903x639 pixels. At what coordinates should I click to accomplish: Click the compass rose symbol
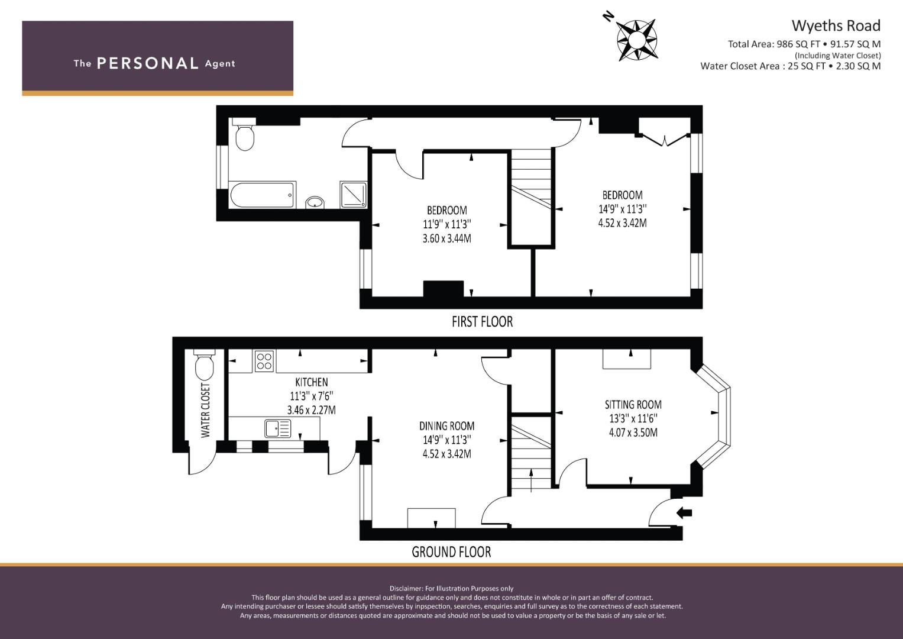click(x=636, y=40)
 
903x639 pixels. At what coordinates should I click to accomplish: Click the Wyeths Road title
click(x=836, y=26)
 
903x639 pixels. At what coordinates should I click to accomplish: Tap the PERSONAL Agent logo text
click(x=154, y=63)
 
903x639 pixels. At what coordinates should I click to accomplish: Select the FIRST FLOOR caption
click(x=482, y=322)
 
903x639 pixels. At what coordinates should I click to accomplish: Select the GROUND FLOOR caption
click(x=451, y=552)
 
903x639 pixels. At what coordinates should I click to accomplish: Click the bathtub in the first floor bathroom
click(x=261, y=195)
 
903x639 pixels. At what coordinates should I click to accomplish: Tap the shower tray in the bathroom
click(x=354, y=195)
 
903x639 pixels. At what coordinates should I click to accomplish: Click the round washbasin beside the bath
click(x=315, y=202)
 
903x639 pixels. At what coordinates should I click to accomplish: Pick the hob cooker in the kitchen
click(x=264, y=361)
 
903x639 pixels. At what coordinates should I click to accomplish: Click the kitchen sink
click(x=277, y=428)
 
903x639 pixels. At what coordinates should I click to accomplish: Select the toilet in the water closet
click(x=204, y=366)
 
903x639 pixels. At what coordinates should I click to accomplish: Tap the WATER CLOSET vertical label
click(x=205, y=410)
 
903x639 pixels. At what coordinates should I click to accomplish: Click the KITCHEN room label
click(x=311, y=382)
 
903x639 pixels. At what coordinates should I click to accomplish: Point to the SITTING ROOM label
click(x=633, y=405)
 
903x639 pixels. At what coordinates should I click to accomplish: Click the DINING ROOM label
click(x=446, y=426)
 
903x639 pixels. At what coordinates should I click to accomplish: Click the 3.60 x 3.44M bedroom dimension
click(x=446, y=238)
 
